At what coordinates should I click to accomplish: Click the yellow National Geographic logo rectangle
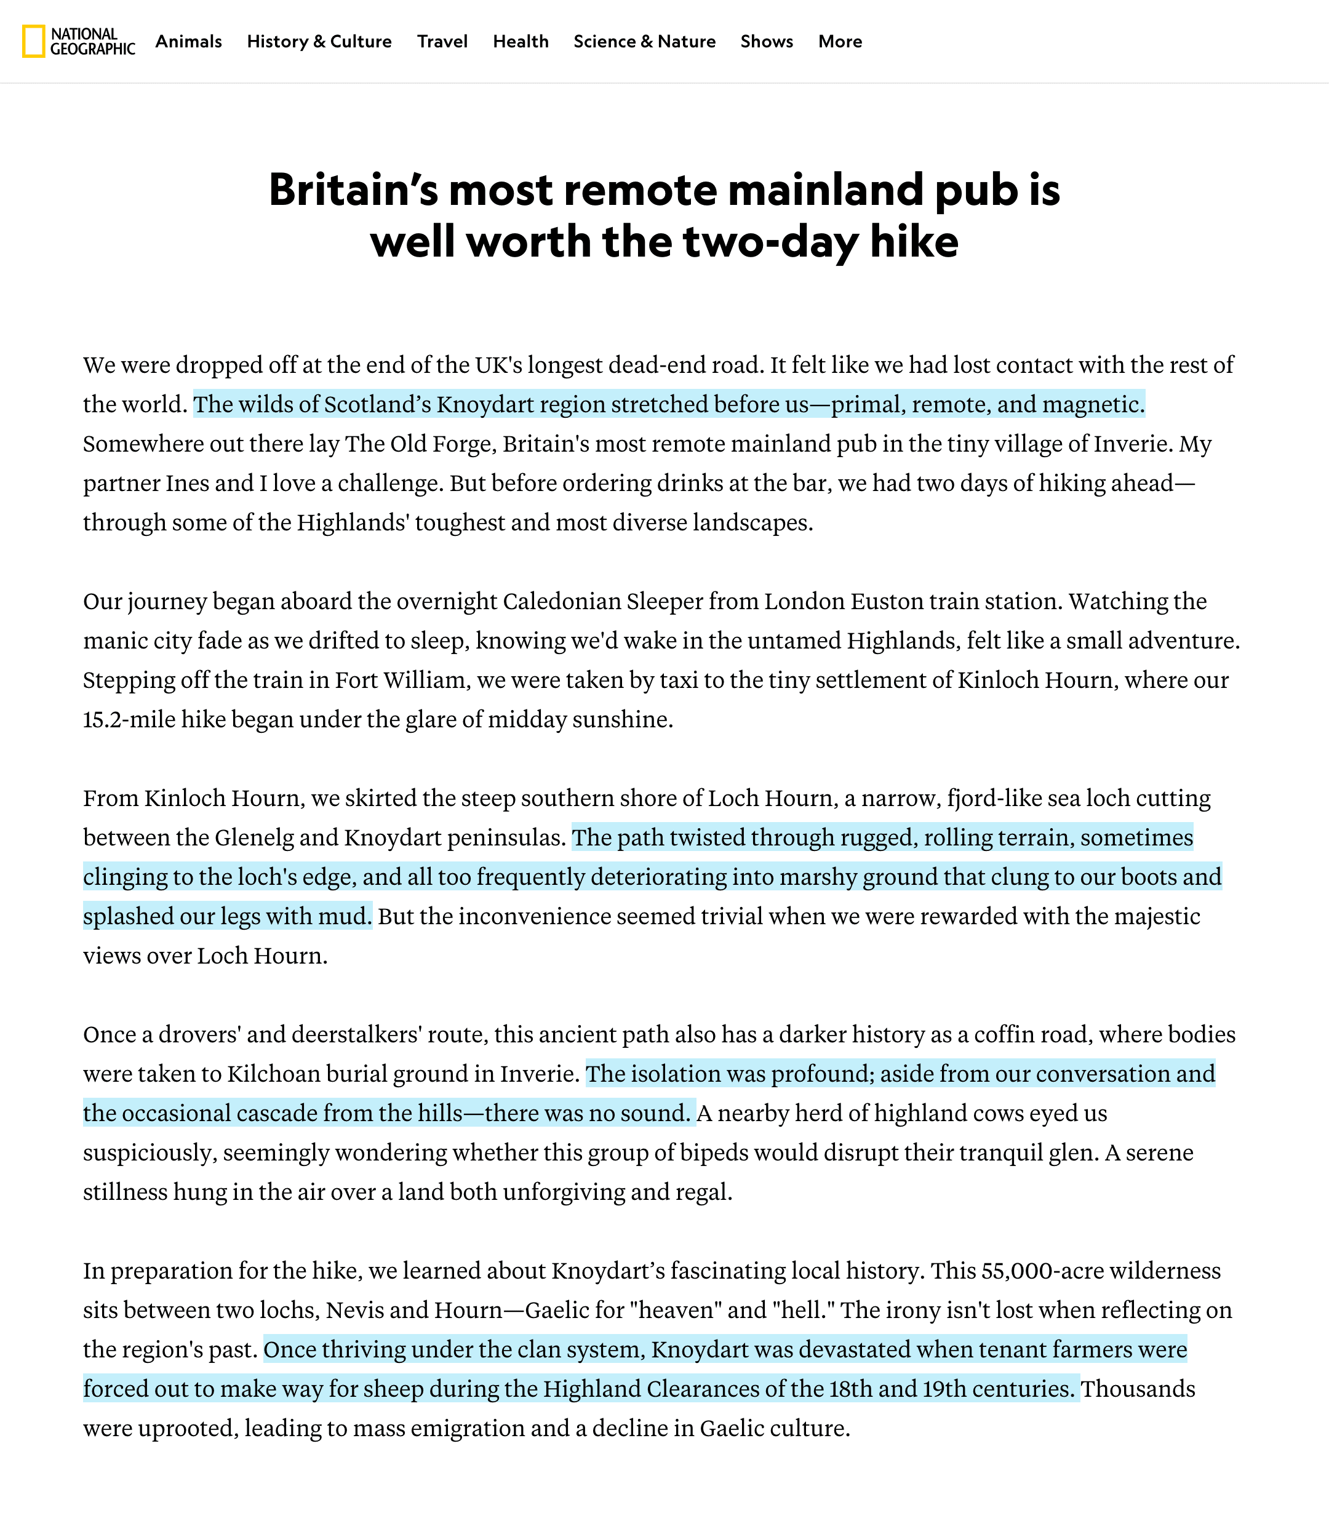(x=33, y=41)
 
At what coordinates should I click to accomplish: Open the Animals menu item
(x=188, y=41)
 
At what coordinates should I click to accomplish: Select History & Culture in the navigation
(x=319, y=41)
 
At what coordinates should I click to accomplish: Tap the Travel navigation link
(x=442, y=41)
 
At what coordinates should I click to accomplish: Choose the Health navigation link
(x=521, y=41)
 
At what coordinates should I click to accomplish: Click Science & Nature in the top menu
(x=644, y=41)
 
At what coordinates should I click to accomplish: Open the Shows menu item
(x=767, y=41)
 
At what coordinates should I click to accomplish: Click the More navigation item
(x=840, y=41)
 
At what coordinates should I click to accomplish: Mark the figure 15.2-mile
(x=129, y=719)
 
